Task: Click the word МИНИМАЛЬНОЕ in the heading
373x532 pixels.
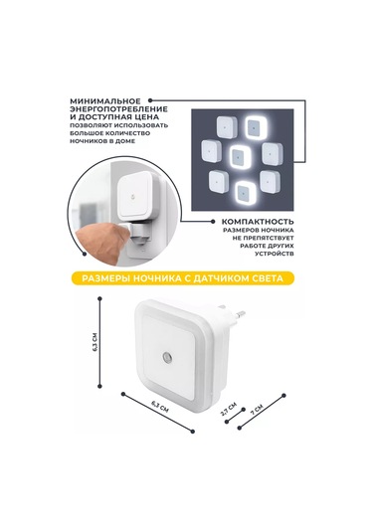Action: point(104,101)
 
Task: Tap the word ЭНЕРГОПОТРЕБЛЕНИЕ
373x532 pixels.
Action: point(118,109)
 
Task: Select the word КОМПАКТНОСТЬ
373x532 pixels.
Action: point(258,222)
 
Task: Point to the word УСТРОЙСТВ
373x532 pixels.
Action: point(275,254)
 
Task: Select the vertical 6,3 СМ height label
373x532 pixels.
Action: point(95,342)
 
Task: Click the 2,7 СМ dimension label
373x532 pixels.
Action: point(228,410)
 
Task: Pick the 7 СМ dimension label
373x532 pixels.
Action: point(257,410)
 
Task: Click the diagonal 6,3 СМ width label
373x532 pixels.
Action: point(159,406)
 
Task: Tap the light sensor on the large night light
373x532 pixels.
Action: point(167,358)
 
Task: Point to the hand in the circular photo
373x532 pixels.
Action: point(101,242)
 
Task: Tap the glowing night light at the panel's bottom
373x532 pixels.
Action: point(246,192)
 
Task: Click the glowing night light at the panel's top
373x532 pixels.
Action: point(257,127)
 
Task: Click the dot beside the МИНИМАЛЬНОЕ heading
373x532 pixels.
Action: point(150,100)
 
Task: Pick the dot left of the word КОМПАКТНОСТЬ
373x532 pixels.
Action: point(213,222)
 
